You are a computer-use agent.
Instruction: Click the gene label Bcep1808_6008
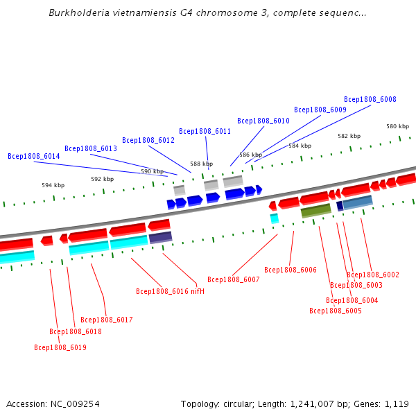370,99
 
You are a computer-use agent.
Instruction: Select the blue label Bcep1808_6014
34,157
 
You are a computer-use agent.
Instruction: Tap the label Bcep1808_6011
205,131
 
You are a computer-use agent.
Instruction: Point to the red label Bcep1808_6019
60,347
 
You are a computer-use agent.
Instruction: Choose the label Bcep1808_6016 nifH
170,291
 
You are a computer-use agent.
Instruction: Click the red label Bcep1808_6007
233,279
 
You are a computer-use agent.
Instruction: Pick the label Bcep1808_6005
336,311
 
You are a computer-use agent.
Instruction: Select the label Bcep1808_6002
373,275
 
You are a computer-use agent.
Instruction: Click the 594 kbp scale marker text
53,185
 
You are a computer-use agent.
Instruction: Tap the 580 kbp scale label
398,126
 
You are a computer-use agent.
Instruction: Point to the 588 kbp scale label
201,164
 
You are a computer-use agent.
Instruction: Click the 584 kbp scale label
300,146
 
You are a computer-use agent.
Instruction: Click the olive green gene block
316,210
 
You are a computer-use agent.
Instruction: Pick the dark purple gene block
160,237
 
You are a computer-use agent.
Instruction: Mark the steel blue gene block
358,202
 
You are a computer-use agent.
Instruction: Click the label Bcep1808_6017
106,320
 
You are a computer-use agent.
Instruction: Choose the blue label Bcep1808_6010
263,121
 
